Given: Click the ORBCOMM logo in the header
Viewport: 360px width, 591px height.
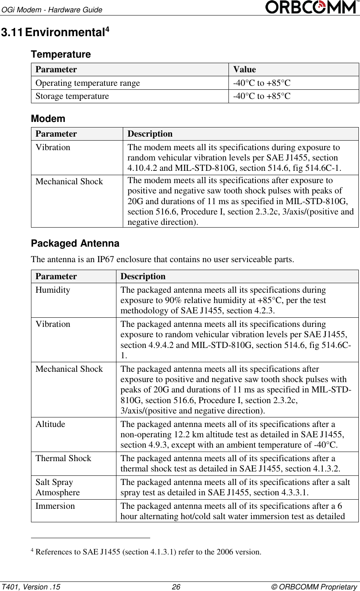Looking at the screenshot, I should (312, 7).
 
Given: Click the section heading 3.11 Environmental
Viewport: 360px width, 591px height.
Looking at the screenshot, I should (55, 33).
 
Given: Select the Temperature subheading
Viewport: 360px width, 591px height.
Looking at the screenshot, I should (61, 54).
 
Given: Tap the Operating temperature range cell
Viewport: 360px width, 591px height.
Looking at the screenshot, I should (88, 83).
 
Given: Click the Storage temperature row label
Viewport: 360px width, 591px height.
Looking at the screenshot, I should (72, 96).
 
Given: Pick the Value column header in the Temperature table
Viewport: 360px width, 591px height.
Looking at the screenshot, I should (244, 70).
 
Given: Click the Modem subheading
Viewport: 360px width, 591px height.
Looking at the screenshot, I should (48, 119).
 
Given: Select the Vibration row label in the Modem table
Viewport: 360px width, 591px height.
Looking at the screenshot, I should (53, 147).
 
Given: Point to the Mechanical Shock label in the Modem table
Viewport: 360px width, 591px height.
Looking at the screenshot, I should (69, 182).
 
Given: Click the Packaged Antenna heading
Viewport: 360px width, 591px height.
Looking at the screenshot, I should (75, 243).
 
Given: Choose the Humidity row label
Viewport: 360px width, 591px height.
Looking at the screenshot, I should (53, 290).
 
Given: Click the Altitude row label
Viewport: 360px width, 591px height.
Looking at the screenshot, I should (50, 424).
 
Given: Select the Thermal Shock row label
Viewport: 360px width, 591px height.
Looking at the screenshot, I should (64, 458).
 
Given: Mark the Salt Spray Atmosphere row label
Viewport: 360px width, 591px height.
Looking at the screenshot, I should (58, 487).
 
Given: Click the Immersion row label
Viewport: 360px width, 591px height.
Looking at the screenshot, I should (55, 506).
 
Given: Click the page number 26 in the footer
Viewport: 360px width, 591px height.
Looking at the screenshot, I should (176, 587).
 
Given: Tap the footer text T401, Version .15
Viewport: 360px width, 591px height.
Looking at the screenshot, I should (31, 587).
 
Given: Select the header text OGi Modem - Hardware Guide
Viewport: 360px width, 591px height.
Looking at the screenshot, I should (52, 10).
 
